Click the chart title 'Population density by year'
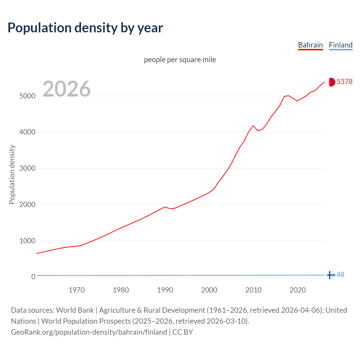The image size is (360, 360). pyautogui.click(x=85, y=28)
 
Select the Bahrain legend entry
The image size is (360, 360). pyautogui.click(x=310, y=45)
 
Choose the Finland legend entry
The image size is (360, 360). pyautogui.click(x=341, y=45)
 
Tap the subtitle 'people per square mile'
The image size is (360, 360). pyautogui.click(x=180, y=60)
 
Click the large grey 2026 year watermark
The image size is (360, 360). pyautogui.click(x=67, y=89)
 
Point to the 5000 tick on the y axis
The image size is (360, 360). pyautogui.click(x=27, y=96)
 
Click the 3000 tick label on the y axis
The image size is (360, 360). pyautogui.click(x=27, y=168)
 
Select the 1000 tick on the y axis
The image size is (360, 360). pyautogui.click(x=27, y=241)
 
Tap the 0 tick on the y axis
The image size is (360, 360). pyautogui.click(x=33, y=277)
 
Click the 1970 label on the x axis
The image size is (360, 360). pyautogui.click(x=76, y=290)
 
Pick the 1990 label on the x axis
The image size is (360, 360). pyautogui.click(x=165, y=290)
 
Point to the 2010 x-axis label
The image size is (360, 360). pyautogui.click(x=253, y=290)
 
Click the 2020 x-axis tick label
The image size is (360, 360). pyautogui.click(x=298, y=290)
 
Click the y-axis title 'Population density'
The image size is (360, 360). pyautogui.click(x=12, y=174)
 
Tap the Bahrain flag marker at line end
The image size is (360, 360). pyautogui.click(x=331, y=82)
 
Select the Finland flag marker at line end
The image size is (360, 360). pyautogui.click(x=331, y=275)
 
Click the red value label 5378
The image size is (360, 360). pyautogui.click(x=345, y=82)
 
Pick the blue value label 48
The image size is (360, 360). pyautogui.click(x=340, y=275)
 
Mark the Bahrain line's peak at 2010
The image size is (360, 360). pyautogui.click(x=253, y=126)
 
